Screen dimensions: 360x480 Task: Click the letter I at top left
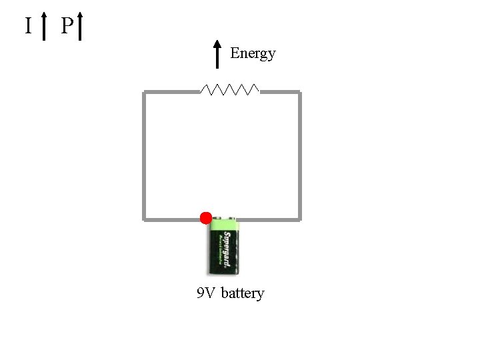click(28, 26)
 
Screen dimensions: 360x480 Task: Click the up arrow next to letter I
click(44, 25)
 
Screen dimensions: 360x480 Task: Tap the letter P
click(66, 26)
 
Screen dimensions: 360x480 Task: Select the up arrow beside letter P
click(79, 25)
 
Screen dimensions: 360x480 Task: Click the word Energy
click(253, 53)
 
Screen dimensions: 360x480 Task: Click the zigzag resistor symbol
click(230, 89)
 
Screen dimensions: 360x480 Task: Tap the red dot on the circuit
click(206, 217)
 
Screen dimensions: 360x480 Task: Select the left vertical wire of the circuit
click(144, 155)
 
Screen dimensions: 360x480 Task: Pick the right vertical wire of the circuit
click(299, 155)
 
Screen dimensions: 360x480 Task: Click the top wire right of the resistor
click(279, 92)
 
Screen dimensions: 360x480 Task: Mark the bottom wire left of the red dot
click(172, 219)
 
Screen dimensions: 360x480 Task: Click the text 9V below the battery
click(205, 293)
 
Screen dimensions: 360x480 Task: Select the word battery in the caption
click(243, 293)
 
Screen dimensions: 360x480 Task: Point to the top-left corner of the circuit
click(145, 93)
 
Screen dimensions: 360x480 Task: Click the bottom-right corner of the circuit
click(299, 218)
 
